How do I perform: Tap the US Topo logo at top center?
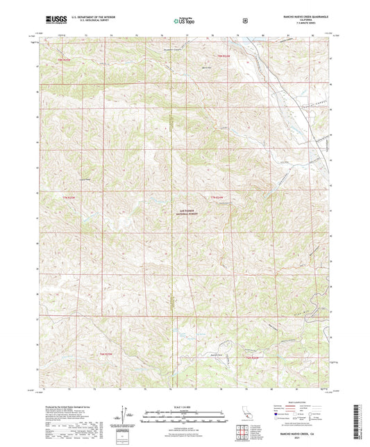[184, 21]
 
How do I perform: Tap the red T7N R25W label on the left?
[67, 199]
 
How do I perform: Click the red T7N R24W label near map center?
[217, 199]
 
